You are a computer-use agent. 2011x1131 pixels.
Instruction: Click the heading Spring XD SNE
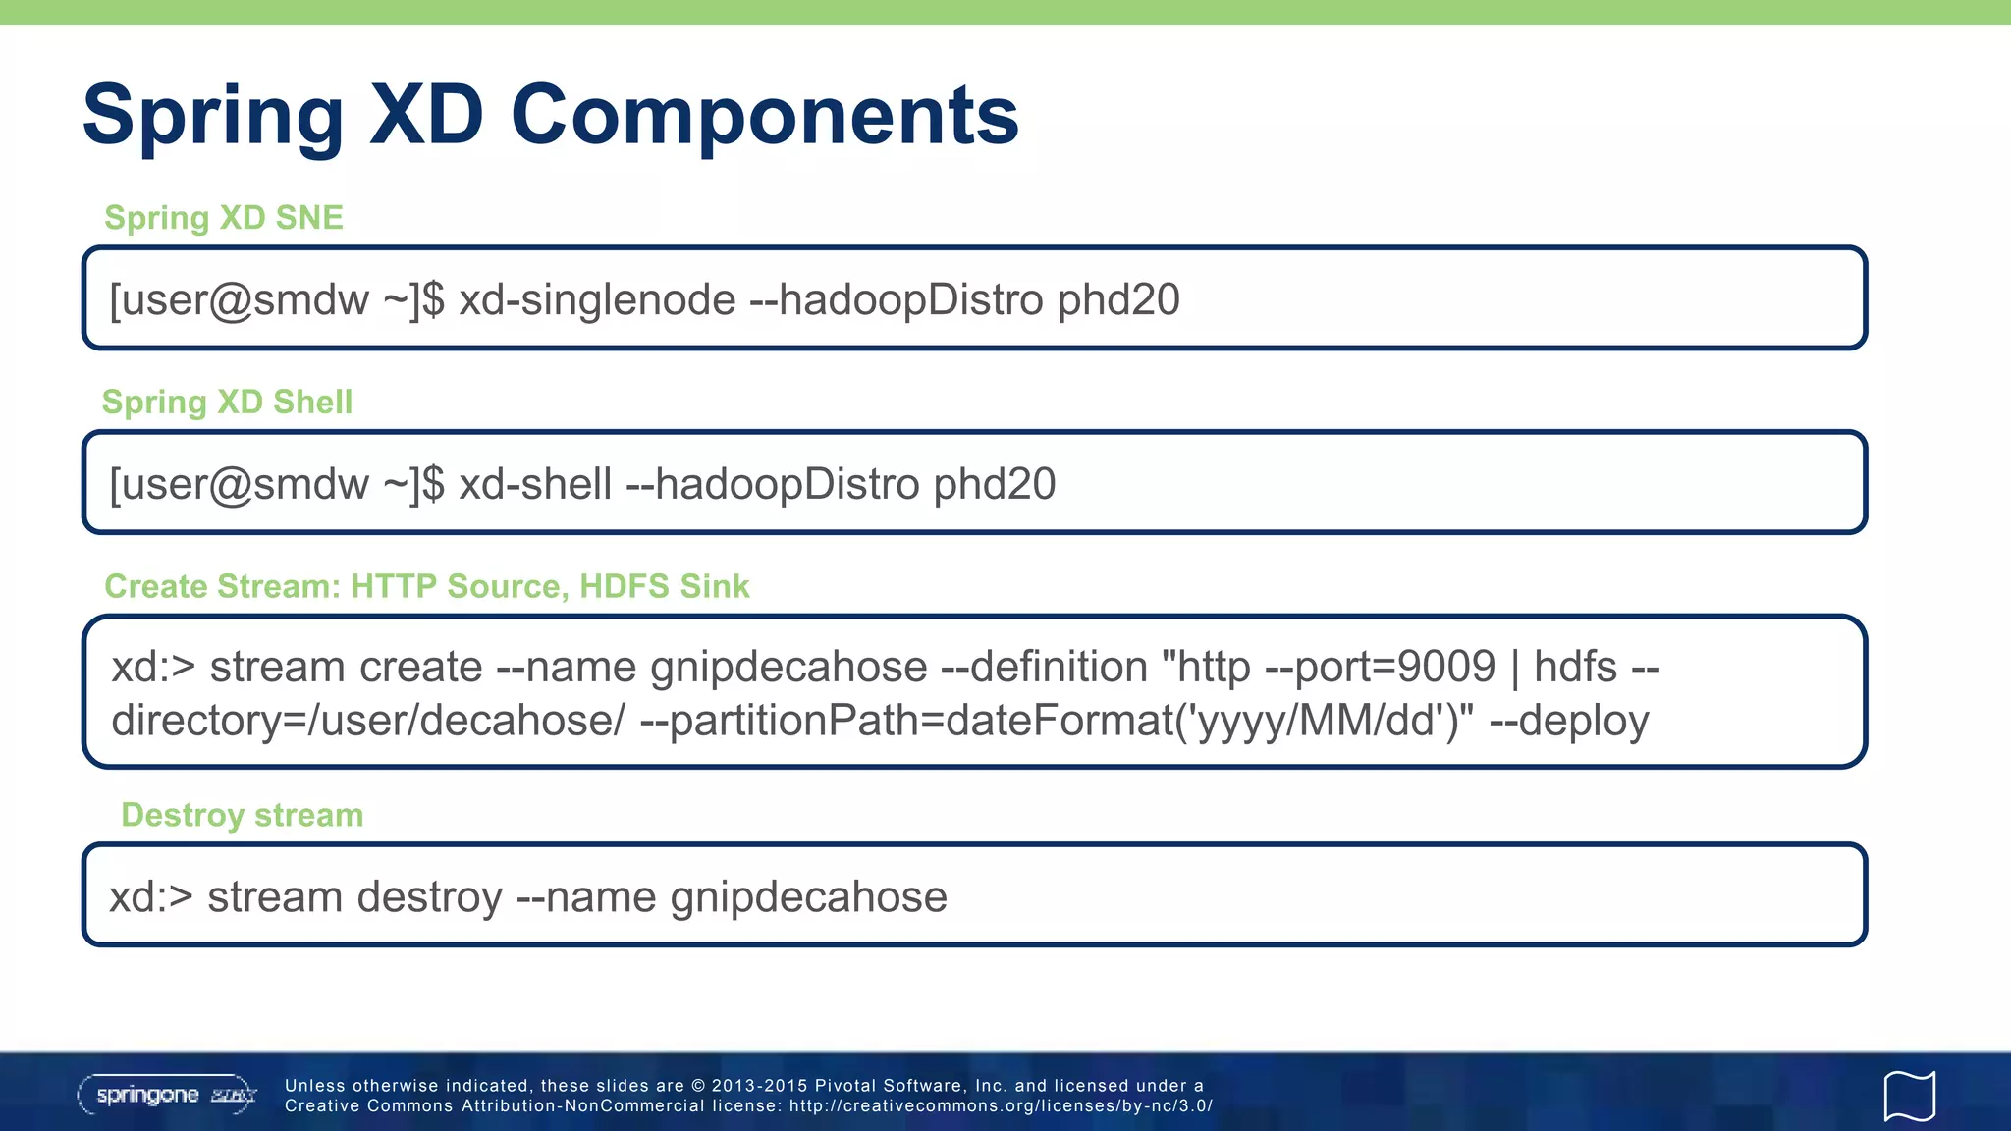pyautogui.click(x=224, y=217)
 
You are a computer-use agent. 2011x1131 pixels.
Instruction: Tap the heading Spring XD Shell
pyautogui.click(x=227, y=402)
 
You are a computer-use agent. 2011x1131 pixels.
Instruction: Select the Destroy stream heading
pyautogui.click(x=242, y=815)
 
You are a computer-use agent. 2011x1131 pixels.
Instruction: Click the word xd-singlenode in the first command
pyautogui.click(x=597, y=299)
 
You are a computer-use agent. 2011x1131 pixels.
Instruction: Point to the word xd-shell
pyautogui.click(x=535, y=484)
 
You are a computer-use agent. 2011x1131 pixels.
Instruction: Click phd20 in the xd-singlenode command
pyautogui.click(x=1118, y=299)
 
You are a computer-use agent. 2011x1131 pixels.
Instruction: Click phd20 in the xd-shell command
pyautogui.click(x=994, y=484)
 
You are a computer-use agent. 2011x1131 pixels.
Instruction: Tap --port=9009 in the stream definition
pyautogui.click(x=1380, y=668)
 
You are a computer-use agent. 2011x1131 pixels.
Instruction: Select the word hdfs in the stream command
pyautogui.click(x=1575, y=668)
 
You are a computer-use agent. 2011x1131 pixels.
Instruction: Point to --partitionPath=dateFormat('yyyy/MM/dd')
pyautogui.click(x=1056, y=721)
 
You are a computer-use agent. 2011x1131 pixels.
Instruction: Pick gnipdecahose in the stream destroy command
pyautogui.click(x=808, y=897)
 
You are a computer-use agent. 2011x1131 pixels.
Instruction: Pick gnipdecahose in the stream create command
pyautogui.click(x=788, y=668)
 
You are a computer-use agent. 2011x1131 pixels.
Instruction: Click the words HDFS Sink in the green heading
pyautogui.click(x=664, y=586)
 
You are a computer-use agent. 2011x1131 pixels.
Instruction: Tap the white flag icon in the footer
pyautogui.click(x=1909, y=1096)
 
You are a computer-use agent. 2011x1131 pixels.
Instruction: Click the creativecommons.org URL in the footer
pyautogui.click(x=1001, y=1106)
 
